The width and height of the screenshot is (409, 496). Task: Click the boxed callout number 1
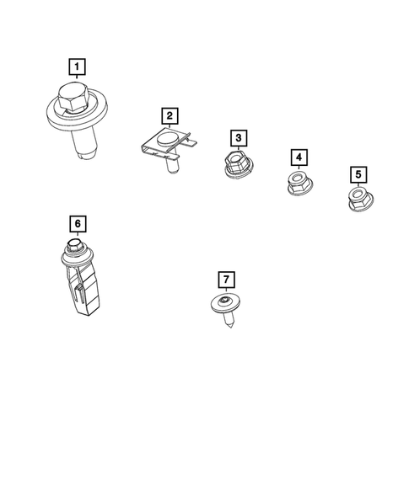coord(77,67)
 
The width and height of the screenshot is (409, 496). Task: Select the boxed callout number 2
coord(170,115)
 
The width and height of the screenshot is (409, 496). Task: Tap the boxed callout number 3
coord(239,138)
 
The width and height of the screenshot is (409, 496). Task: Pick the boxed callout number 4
coord(299,157)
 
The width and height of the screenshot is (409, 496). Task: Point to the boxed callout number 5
coord(358,174)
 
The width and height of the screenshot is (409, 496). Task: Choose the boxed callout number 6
coord(78,224)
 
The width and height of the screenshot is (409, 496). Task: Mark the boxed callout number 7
coord(227,280)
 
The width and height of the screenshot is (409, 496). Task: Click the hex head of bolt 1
coord(73,97)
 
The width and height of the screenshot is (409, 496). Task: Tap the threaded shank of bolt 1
coord(83,143)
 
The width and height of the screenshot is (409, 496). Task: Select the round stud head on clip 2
coord(166,140)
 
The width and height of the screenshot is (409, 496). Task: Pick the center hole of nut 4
coord(297,178)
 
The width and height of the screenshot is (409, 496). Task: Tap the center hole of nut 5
coord(357,193)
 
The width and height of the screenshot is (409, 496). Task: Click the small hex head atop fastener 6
coord(73,244)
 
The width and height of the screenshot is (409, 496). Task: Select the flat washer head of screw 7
coord(225,303)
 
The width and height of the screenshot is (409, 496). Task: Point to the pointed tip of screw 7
coord(230,326)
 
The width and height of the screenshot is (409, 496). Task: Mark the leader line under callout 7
coord(226,290)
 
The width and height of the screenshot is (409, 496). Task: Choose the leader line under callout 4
coord(299,168)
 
